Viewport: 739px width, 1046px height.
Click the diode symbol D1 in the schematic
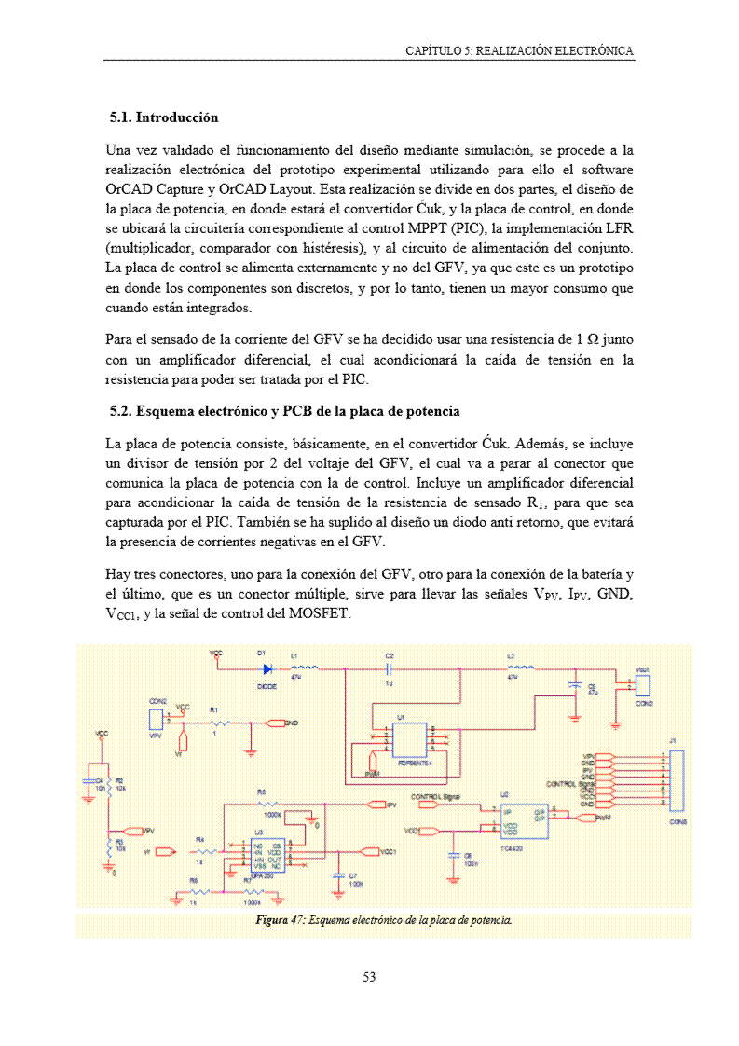click(267, 668)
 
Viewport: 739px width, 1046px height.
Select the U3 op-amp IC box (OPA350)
click(264, 852)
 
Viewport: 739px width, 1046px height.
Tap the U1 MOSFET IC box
click(410, 740)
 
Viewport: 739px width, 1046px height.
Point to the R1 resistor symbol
click(219, 723)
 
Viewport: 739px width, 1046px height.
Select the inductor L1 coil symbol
click(305, 668)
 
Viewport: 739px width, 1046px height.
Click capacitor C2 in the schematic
click(390, 668)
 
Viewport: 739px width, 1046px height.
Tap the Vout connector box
click(642, 685)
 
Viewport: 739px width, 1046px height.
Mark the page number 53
click(369, 977)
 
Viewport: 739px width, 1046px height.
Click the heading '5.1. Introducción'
click(164, 117)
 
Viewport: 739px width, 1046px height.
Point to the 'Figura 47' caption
click(384, 921)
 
